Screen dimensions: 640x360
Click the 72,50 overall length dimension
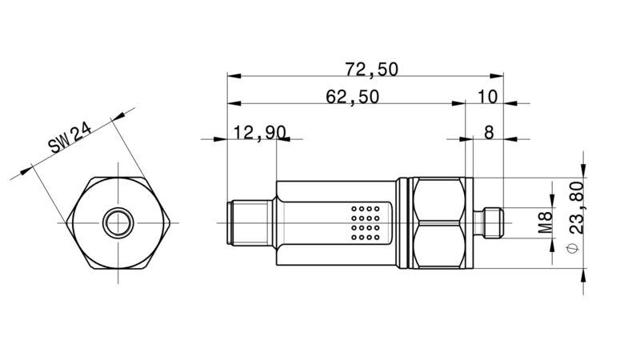tap(371, 70)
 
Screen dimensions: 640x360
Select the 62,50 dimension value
tap(353, 97)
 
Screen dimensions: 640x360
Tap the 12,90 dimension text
tap(259, 133)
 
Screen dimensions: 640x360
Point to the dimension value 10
tap(487, 97)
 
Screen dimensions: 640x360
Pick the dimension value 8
tap(489, 133)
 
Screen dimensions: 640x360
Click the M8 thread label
tap(545, 222)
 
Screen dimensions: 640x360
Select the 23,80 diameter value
tap(576, 207)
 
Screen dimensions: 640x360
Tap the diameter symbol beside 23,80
tap(573, 248)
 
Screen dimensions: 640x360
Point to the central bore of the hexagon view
tap(118, 223)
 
